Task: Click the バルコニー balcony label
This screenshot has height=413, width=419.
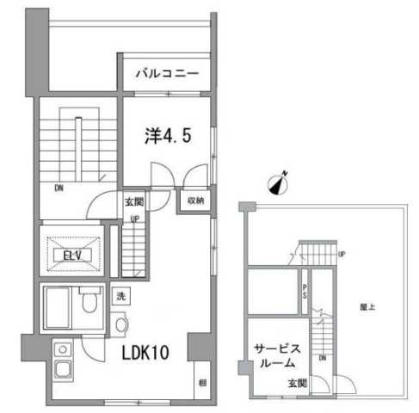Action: [x=167, y=74]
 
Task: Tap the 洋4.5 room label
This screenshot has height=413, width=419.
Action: [x=161, y=136]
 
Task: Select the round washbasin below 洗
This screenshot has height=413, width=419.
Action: [x=120, y=324]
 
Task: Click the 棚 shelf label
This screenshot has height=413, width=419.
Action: [x=200, y=381]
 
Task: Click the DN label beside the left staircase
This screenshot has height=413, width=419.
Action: [x=59, y=188]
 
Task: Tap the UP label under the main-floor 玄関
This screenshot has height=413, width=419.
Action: [x=135, y=218]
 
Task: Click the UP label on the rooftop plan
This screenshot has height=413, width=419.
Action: [x=342, y=254]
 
